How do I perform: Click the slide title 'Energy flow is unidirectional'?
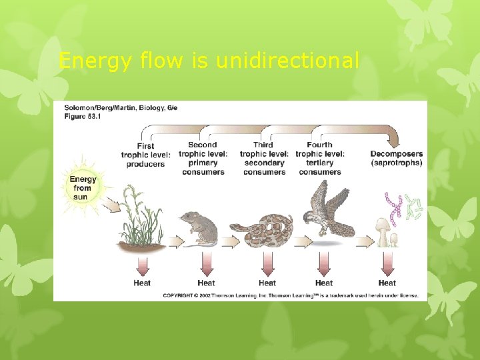pos(209,61)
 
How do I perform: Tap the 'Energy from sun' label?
pos(83,188)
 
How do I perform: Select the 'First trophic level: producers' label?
pos(145,155)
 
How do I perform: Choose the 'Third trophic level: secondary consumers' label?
pos(264,158)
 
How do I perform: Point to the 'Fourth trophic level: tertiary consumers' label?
pos(320,158)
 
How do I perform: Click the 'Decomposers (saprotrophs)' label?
pos(396,159)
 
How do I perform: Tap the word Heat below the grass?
pos(142,283)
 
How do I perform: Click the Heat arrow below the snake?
pos(267,265)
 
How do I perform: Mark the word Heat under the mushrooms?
pos(387,283)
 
